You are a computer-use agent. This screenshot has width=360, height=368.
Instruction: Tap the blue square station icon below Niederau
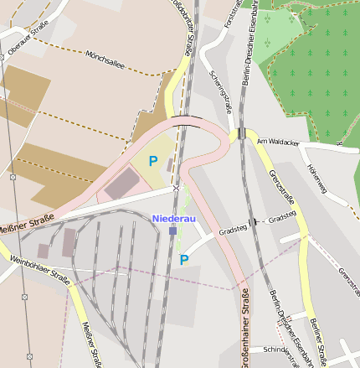[x=172, y=231]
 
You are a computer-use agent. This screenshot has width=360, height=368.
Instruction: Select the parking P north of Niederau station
[x=153, y=160]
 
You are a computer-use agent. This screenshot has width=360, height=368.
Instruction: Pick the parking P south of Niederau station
[x=184, y=259]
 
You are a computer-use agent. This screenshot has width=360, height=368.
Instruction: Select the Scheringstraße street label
[x=220, y=91]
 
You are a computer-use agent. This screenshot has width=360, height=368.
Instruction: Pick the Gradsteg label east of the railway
[x=283, y=215]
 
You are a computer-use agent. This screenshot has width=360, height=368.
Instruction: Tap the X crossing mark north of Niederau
[x=176, y=188]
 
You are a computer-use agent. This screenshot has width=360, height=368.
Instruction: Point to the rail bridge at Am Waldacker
[x=240, y=133]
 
